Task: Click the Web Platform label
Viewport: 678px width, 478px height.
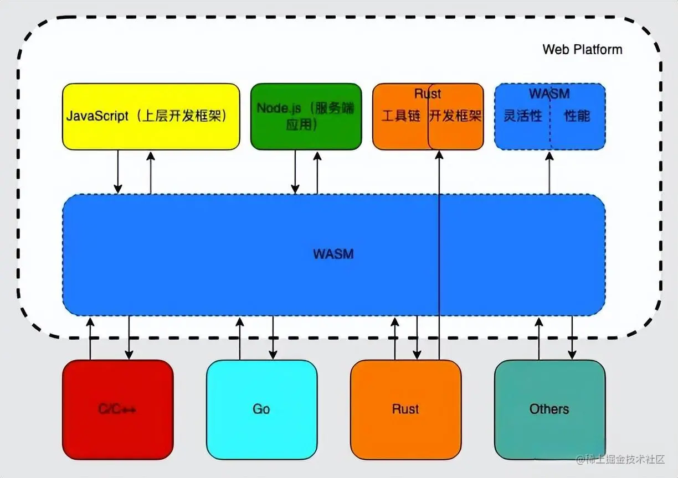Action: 582,49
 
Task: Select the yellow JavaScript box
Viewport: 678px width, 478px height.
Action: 151,117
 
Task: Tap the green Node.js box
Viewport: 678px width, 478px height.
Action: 306,117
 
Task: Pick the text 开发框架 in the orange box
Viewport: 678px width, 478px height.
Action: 456,116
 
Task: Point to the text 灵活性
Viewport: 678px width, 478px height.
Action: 522,116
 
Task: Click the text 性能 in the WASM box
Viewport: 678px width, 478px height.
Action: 577,116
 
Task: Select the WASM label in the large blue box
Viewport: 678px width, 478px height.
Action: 333,254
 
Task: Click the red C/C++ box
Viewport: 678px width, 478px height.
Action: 117,409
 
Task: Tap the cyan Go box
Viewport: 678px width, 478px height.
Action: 261,409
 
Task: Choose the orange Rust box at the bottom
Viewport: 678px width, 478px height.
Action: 405,409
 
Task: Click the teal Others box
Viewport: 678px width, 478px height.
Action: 549,409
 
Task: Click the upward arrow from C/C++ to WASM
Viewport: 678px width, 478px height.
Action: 90,337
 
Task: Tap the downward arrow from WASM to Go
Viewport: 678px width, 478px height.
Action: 273,337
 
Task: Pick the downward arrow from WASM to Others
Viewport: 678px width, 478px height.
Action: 572,337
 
